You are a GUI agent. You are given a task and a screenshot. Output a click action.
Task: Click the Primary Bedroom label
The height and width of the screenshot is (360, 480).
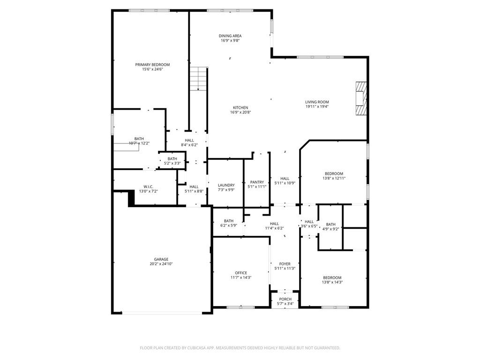click(152, 65)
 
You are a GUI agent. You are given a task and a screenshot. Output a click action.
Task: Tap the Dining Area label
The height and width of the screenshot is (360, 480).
click(230, 36)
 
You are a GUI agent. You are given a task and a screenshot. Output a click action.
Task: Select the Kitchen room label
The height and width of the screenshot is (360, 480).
click(240, 108)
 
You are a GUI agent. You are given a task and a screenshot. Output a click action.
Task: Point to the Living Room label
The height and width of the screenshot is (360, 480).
click(317, 102)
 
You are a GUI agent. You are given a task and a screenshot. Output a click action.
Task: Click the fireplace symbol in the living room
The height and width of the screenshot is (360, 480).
click(361, 98)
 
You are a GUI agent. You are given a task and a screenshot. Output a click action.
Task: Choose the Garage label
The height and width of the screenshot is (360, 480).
click(161, 259)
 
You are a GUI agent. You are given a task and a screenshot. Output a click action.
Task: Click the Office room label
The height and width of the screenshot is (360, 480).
click(241, 273)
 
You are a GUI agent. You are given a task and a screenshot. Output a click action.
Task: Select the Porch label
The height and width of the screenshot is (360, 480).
click(285, 299)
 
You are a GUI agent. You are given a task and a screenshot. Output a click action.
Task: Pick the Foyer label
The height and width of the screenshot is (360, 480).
click(285, 264)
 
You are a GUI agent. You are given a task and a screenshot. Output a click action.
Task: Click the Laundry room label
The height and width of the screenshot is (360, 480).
click(226, 185)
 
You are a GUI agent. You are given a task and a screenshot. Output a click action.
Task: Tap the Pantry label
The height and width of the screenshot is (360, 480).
click(257, 182)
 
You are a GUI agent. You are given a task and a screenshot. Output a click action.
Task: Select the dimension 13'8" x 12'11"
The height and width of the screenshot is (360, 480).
click(334, 178)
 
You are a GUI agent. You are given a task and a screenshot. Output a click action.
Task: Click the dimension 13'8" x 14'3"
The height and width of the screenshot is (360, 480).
click(332, 282)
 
